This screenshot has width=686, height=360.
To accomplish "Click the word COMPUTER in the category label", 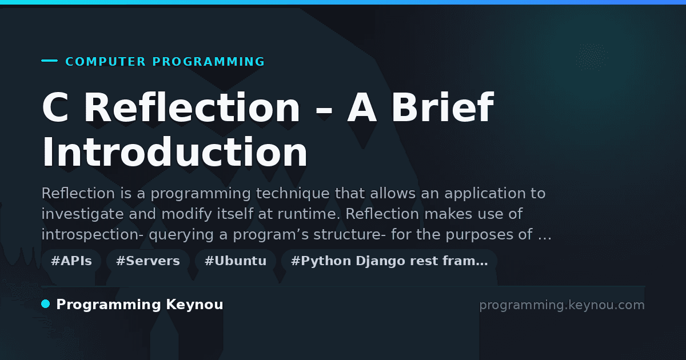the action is coord(105,62).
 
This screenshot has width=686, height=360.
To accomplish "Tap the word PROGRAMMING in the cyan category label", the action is coord(208,62).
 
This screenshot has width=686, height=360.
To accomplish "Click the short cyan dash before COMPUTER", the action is coord(49,61).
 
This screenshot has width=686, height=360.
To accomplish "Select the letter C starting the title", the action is coord(55,107).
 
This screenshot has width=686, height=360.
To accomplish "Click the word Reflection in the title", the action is coord(192,107).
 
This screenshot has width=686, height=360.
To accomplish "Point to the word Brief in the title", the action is coord(442,107).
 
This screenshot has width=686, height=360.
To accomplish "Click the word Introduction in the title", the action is coord(174,152).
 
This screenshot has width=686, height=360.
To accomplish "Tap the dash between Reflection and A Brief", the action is coord(324,110).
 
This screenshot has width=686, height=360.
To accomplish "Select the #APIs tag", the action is coord(71,261).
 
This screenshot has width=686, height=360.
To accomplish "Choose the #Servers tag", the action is coord(148,261).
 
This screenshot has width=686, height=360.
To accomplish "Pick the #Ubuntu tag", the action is coord(236,261).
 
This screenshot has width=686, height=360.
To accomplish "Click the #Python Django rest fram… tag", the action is coord(389,261).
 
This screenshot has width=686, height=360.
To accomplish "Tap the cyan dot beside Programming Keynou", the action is coord(46,304).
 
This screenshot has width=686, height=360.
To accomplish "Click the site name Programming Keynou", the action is coord(139,305).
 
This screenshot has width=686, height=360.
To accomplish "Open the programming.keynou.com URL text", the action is coord(562,305).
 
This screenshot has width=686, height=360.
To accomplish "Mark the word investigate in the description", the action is coord(83,214).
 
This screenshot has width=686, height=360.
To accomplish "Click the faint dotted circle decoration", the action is coord(592,57).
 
